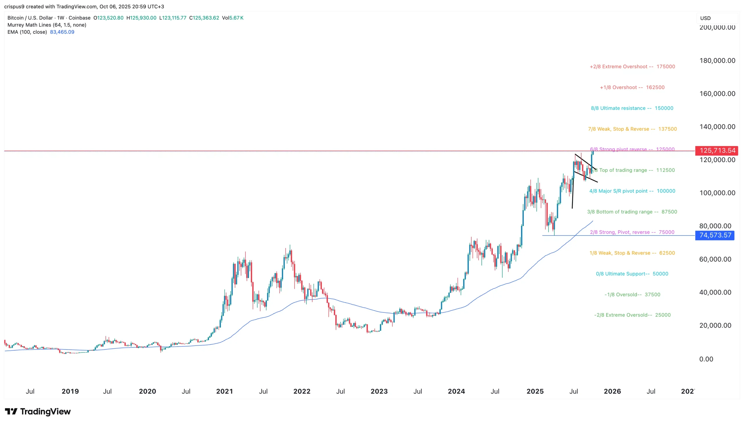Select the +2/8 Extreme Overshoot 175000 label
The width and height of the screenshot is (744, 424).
(632, 67)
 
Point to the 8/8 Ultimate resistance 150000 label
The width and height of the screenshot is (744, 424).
(632, 108)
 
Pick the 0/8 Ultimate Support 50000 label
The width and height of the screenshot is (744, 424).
(632, 274)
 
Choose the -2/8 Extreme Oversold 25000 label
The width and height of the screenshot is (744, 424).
(632, 315)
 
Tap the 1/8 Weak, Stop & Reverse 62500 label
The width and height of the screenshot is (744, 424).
(632, 253)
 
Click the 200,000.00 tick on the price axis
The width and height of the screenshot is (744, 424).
(717, 28)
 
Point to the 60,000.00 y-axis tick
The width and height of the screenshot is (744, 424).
(715, 259)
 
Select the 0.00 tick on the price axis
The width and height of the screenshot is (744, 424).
(706, 359)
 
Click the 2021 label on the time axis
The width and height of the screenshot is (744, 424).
(224, 391)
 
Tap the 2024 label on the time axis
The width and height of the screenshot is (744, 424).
(456, 391)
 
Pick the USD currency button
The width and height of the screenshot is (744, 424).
(705, 18)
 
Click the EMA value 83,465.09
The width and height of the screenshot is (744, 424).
(62, 32)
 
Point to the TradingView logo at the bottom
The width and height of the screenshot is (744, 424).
(38, 412)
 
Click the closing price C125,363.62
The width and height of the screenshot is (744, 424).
(204, 18)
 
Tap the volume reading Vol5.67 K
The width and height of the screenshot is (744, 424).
(233, 18)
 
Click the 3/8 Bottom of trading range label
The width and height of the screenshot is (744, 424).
(632, 212)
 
